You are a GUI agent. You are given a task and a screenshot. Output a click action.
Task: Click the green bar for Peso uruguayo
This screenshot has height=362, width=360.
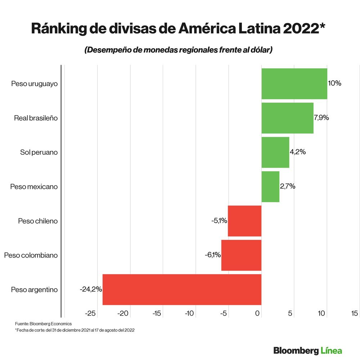tap(294, 83)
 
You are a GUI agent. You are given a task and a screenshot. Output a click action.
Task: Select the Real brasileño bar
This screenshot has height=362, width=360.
tap(287, 118)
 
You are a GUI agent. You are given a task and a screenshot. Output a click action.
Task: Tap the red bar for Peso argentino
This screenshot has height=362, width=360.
tap(182, 289)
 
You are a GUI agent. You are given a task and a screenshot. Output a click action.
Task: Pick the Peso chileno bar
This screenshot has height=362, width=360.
tap(244, 221)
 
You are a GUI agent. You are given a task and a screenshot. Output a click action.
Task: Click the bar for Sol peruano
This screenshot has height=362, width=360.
tap(275, 152)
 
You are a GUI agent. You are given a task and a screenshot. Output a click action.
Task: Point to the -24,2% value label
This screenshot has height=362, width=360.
tap(91, 289)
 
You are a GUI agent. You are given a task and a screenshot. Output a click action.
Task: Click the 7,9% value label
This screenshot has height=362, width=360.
tap(321, 118)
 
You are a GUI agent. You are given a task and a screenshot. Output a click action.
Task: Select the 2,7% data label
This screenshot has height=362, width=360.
tap(288, 186)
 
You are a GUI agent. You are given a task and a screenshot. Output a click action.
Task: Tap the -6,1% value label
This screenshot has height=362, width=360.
tap(212, 255)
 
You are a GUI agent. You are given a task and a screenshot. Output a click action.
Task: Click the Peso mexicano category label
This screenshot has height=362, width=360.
tap(34, 186)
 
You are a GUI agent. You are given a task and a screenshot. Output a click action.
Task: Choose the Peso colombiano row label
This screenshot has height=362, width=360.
tap(31, 255)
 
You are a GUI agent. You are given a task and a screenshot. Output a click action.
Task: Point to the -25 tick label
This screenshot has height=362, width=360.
tap(90, 314)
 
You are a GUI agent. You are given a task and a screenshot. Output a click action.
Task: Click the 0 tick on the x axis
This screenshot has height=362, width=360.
tap(258, 314)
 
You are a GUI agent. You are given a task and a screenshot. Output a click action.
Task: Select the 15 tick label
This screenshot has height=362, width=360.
tap(354, 314)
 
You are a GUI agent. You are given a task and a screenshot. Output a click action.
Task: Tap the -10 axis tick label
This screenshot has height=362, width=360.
tap(190, 314)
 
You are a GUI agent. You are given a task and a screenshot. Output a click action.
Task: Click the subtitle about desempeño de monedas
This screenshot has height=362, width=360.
tap(178, 50)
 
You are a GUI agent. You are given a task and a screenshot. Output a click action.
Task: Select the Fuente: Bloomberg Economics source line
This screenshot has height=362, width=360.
tap(43, 324)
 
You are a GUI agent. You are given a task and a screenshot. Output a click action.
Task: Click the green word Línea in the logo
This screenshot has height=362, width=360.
tap(331, 350)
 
